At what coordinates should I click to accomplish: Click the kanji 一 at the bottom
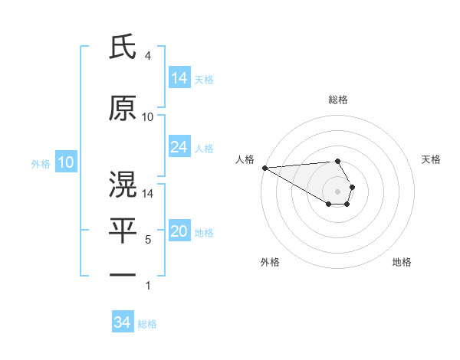click(123, 274)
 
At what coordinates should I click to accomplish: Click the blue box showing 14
click(179, 78)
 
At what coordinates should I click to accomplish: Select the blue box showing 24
click(179, 147)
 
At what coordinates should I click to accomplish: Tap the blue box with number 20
click(179, 232)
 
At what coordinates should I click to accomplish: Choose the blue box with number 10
click(66, 162)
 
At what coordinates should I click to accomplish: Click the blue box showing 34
click(123, 322)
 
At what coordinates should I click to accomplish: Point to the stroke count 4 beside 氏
click(147, 57)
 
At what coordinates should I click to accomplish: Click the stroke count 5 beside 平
click(147, 240)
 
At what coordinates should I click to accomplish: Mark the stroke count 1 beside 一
click(147, 286)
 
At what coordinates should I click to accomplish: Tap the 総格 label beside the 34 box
click(147, 324)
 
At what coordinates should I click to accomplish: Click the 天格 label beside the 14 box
click(204, 80)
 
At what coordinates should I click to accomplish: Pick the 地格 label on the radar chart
click(402, 262)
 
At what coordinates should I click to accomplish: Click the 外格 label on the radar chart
click(270, 262)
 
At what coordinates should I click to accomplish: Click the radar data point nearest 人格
click(264, 168)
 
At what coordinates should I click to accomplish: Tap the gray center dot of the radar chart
click(337, 191)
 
